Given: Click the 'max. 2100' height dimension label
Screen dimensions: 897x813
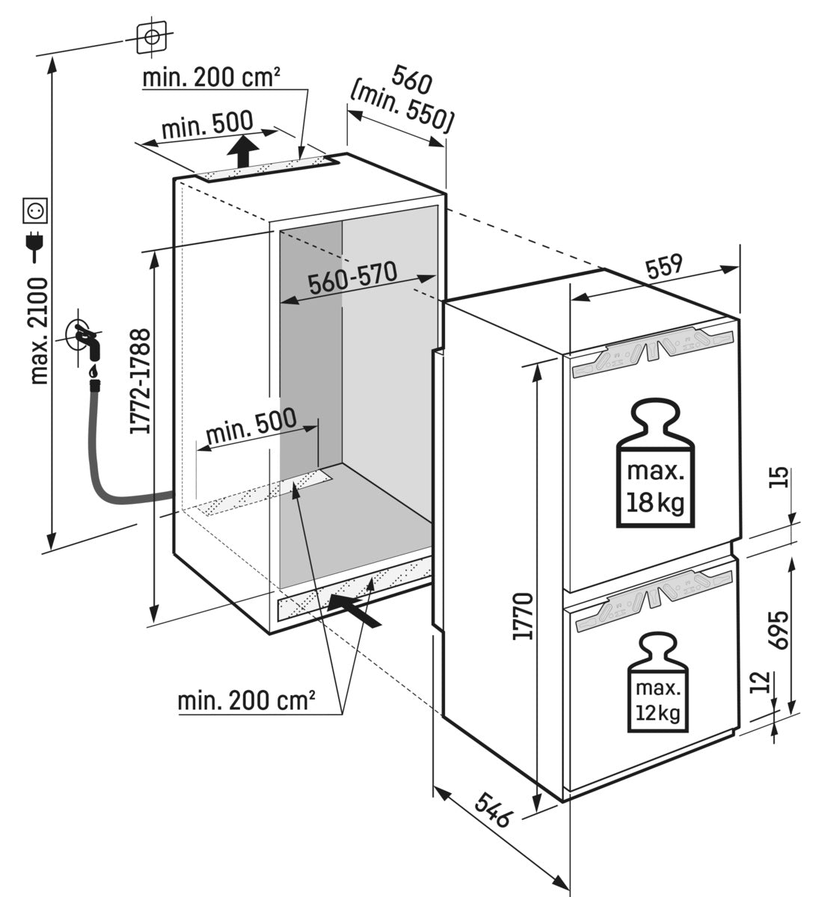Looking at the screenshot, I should (x=40, y=330).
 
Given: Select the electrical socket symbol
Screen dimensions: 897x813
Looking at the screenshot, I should (x=35, y=210).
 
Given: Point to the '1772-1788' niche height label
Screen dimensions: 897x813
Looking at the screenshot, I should (x=140, y=381).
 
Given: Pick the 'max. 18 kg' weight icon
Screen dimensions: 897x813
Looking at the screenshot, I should (x=655, y=463).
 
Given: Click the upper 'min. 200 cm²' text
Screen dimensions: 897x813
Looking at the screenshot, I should (x=212, y=77).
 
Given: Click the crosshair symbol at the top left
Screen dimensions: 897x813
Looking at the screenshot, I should (x=152, y=37).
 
